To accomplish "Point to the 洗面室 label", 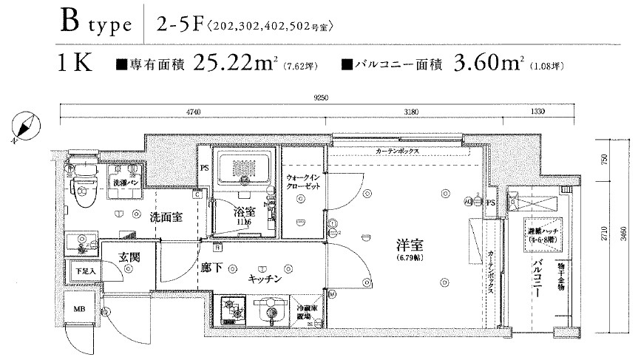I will pyautogui.click(x=166, y=217).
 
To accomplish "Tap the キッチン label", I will pyautogui.click(x=263, y=279).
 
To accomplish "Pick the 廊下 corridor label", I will pyautogui.click(x=211, y=268).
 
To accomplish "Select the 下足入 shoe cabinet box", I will pyautogui.click(x=86, y=271).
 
